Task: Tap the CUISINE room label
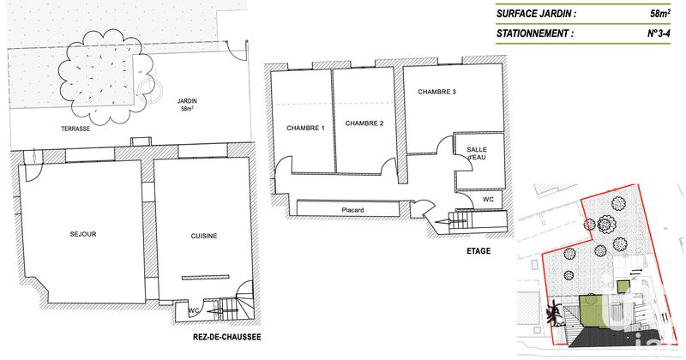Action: [x=203, y=236]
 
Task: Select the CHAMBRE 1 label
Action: [x=304, y=129]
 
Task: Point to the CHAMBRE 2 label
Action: [x=364, y=123]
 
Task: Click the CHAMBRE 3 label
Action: [x=436, y=92]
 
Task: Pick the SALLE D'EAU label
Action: [x=476, y=153]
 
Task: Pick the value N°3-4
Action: [x=659, y=34]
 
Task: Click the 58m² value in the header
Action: [x=660, y=13]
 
